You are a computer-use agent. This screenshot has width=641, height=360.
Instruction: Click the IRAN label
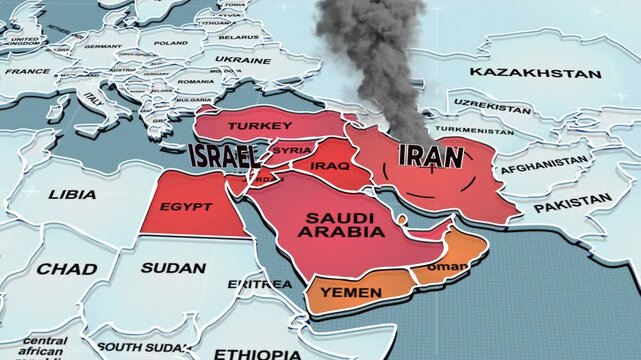pyautogui.click(x=431, y=156)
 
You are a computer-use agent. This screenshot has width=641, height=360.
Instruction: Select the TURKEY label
pyautogui.click(x=260, y=126)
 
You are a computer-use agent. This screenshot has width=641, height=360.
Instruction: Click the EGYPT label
pyautogui.click(x=186, y=207)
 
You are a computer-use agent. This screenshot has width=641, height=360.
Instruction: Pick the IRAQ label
pyautogui.click(x=330, y=165)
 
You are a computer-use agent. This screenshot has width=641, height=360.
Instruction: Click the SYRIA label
pyautogui.click(x=292, y=150)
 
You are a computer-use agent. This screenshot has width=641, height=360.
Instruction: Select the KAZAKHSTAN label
pyautogui.click(x=535, y=73)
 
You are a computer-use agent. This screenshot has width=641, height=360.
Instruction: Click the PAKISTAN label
pyautogui.click(x=572, y=205)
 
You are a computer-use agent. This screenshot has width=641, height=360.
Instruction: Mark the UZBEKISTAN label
pyautogui.click(x=489, y=103)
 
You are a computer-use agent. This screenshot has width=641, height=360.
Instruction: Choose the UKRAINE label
pyautogui.click(x=243, y=60)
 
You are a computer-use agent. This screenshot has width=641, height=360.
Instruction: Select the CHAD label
pyautogui.click(x=67, y=269)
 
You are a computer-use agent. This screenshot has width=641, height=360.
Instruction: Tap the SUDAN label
pyautogui.click(x=173, y=268)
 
